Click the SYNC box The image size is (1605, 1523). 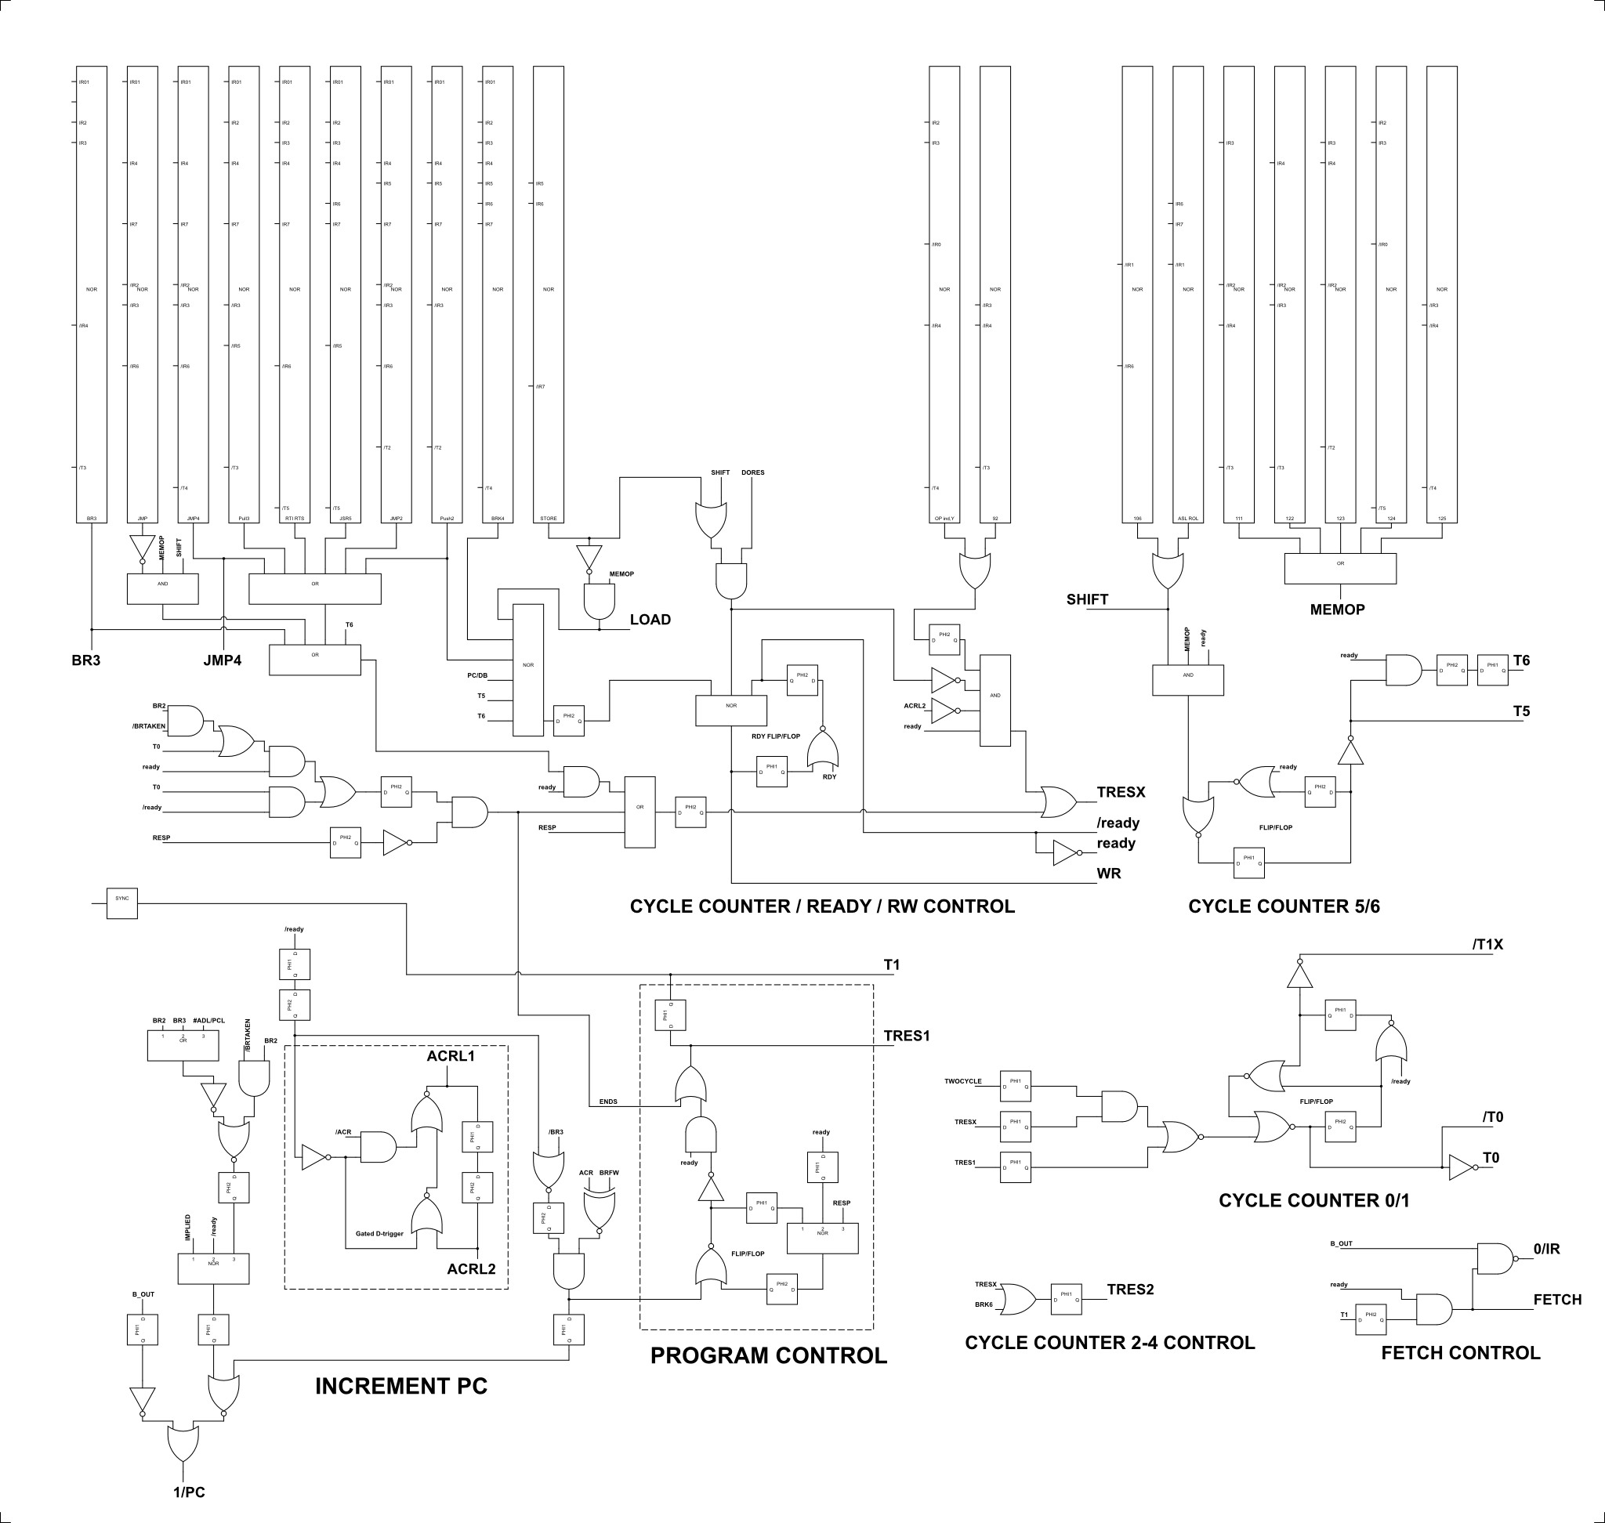pyautogui.click(x=121, y=903)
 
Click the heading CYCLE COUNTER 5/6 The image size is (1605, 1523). pyautogui.click(x=1284, y=906)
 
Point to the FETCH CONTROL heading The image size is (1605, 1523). pyautogui.click(x=1461, y=1352)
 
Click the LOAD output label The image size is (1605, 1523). pyautogui.click(x=650, y=620)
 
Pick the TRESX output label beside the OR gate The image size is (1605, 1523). pyautogui.click(x=1121, y=792)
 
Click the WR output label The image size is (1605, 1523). pyautogui.click(x=1109, y=874)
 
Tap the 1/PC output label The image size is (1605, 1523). pyautogui.click(x=188, y=1492)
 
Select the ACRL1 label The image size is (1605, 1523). pyautogui.click(x=451, y=1055)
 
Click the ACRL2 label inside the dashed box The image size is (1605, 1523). pyautogui.click(x=471, y=1269)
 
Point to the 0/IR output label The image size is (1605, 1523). pyautogui.click(x=1546, y=1249)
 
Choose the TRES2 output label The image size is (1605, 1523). pyautogui.click(x=1130, y=1290)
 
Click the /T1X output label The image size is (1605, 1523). pyautogui.click(x=1487, y=944)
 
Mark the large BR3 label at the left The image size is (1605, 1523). pyautogui.click(x=86, y=660)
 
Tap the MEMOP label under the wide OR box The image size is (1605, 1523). pyautogui.click(x=1337, y=610)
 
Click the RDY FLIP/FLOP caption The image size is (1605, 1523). pyautogui.click(x=776, y=736)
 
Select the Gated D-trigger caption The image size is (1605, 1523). pyautogui.click(x=379, y=1234)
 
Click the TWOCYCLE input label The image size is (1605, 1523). pyautogui.click(x=962, y=1081)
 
